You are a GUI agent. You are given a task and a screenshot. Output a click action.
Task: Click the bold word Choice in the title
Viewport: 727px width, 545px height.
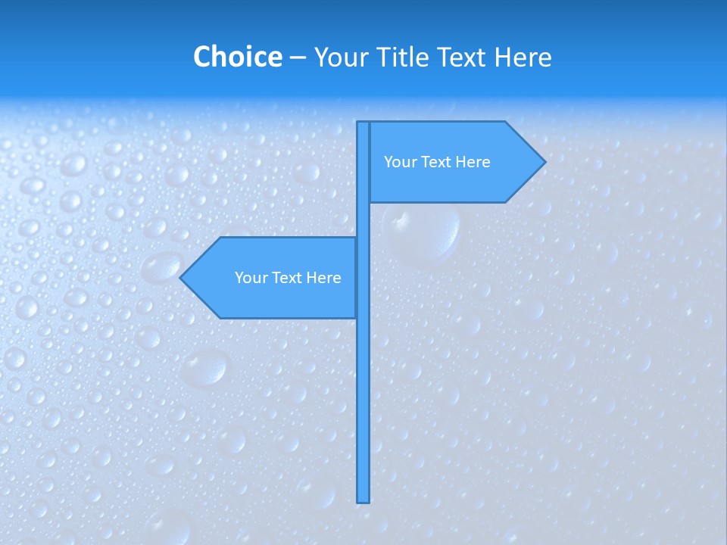[237, 57]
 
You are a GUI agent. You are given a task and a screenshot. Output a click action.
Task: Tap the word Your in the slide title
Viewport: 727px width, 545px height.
[339, 57]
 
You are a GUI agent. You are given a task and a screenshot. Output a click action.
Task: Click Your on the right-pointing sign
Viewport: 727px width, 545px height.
[399, 162]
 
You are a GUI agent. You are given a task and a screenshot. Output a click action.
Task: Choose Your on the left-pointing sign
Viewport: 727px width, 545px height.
[250, 278]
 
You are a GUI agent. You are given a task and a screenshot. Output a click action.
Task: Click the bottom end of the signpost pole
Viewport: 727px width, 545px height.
[363, 500]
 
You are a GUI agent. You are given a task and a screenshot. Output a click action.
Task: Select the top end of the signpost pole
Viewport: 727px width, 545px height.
[363, 123]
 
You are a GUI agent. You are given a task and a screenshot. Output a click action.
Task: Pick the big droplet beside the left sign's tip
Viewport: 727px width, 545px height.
[161, 266]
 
